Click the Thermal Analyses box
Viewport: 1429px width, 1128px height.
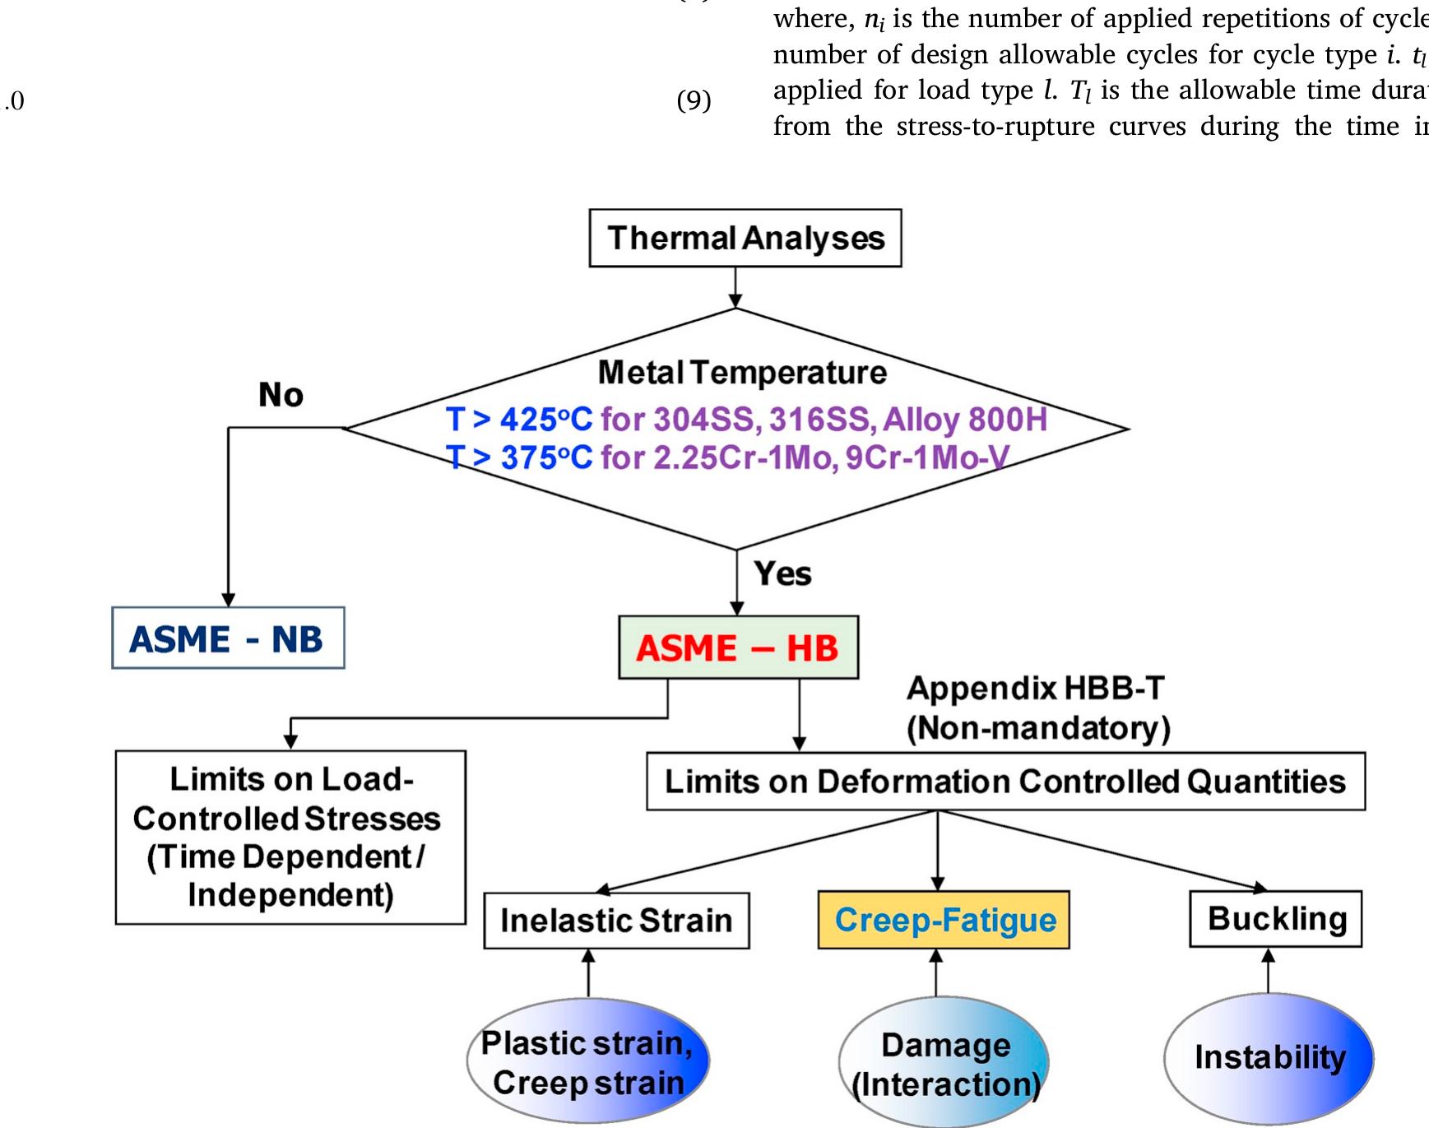[745, 238]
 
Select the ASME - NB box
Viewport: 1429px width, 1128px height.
[228, 638]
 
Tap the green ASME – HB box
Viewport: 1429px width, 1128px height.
[738, 648]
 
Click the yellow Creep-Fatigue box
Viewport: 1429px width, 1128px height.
[944, 920]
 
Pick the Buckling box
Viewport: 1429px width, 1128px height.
[1275, 918]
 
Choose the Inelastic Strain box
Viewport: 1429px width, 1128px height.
[616, 920]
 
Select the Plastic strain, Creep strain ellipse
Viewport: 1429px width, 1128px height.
[587, 1062]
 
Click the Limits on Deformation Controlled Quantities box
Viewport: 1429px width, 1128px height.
[1004, 782]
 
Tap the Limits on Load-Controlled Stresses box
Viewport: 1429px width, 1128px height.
[290, 837]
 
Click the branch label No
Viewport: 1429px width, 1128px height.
[281, 395]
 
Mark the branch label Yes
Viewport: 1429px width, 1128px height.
[782, 573]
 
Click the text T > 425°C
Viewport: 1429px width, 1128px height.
[518, 420]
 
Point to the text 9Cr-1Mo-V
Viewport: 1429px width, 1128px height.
[926, 457]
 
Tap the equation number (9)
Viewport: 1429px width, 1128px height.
[694, 100]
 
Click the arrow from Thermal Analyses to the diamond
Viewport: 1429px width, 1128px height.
[735, 288]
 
